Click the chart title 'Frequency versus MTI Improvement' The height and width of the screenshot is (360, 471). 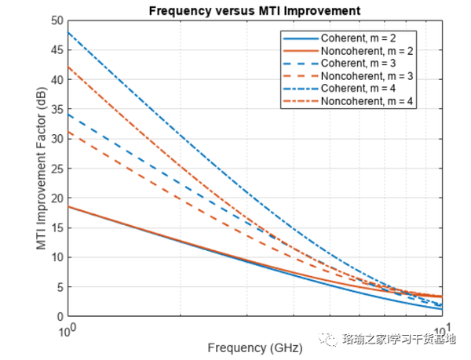pos(254,11)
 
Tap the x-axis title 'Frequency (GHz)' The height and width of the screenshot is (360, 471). pos(254,346)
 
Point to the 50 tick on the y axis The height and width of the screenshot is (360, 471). pos(56,20)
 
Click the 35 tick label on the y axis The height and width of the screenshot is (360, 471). pos(56,109)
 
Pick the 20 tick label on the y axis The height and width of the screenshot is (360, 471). pos(56,198)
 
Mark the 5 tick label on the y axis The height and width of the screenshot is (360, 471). pos(59,287)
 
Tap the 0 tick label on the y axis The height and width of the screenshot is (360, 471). pos(59,317)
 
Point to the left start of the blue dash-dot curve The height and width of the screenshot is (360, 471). pos(68,32)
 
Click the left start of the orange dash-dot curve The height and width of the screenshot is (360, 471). pos(68,67)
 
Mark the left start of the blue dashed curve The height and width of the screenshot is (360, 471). pos(68,115)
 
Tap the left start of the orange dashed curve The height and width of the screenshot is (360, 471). pos(68,132)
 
